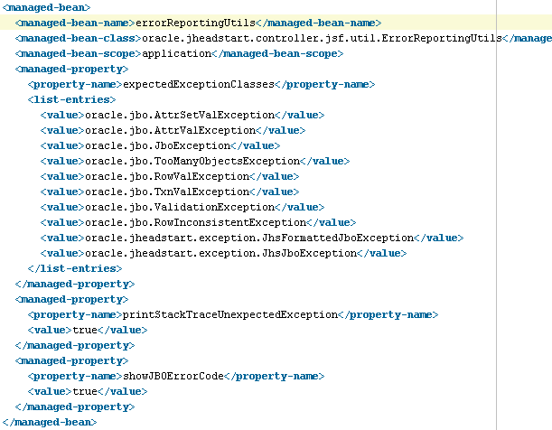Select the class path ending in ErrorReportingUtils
[322, 38]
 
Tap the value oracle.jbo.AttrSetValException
[179, 115]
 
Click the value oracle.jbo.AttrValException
[171, 130]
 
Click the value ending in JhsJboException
[221, 253]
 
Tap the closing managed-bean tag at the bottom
[50, 422]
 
